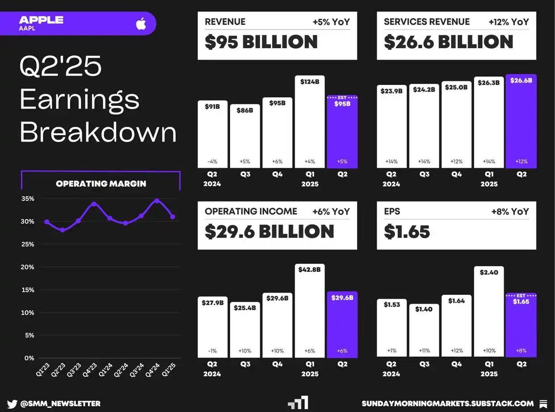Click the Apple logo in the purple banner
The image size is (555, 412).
pos(141,24)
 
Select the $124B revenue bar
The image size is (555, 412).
pos(310,123)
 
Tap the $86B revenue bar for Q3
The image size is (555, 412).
pos(245,136)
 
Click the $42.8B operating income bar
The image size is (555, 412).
pos(310,311)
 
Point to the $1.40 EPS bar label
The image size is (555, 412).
pos(424,309)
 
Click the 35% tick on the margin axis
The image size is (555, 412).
pos(28,199)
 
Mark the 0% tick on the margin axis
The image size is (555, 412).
pos(29,358)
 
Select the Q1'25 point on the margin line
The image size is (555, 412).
pos(172,217)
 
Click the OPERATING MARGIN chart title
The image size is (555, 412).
pos(101,184)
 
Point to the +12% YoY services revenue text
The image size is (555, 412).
pos(509,22)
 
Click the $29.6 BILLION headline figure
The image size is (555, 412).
pos(269,231)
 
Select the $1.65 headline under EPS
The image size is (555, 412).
pos(407,232)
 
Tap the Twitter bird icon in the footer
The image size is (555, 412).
pos(12,404)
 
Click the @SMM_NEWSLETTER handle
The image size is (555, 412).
pos(60,404)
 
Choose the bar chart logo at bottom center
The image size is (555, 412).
pos(298,403)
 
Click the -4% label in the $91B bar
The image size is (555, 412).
pos(212,161)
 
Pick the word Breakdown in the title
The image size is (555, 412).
pos(98,132)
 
